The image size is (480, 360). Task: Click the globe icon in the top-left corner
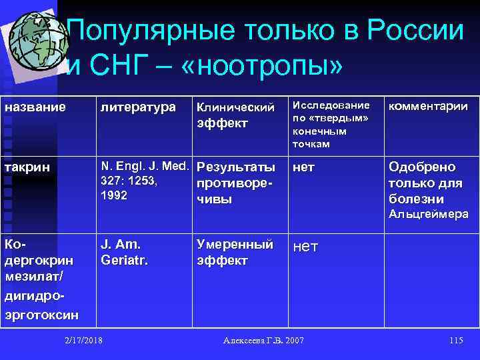pyautogui.click(x=33, y=40)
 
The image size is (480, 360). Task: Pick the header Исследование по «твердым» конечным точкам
pyautogui.click(x=330, y=125)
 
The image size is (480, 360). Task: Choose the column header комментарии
pyautogui.click(x=428, y=106)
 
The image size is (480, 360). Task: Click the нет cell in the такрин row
pyautogui.click(x=304, y=167)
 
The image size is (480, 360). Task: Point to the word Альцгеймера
pyautogui.click(x=429, y=214)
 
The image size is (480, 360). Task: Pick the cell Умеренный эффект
pyautogui.click(x=235, y=252)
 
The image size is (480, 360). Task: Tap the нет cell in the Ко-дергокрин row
pyautogui.click(x=305, y=247)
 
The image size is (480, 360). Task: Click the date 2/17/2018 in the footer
pyautogui.click(x=83, y=341)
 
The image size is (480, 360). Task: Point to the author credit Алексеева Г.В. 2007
pyautogui.click(x=263, y=341)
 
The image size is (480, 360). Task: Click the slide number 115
pyautogui.click(x=456, y=341)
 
